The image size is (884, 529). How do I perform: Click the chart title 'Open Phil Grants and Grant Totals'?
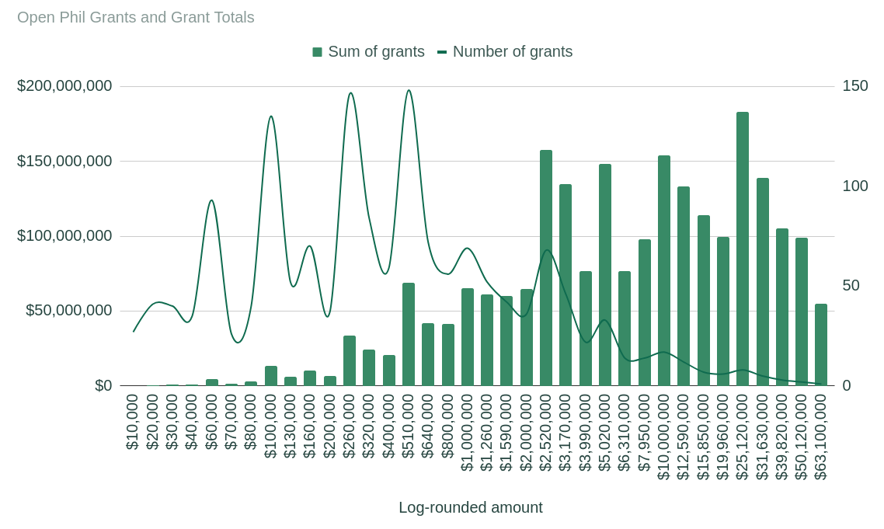point(136,17)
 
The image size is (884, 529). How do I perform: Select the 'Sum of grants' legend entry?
point(368,52)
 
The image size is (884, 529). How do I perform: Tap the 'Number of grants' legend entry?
point(505,52)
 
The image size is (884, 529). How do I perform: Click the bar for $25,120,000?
point(743,249)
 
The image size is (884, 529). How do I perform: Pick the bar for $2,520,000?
point(546,268)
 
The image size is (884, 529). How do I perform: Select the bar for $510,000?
point(409,334)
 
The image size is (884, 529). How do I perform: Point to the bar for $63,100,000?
point(821,345)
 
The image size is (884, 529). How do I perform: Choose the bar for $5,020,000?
point(605,275)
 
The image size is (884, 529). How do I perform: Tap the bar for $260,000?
point(350,360)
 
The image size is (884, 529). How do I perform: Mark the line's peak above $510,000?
point(409,91)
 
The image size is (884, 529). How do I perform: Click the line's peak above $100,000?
point(271,117)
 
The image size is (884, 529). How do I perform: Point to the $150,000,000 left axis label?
point(64,162)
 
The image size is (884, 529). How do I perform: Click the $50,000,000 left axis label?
point(69,311)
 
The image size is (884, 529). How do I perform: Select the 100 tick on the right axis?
point(855,186)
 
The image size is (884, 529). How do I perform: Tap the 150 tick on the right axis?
point(855,86)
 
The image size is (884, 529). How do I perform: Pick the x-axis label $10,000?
point(133,422)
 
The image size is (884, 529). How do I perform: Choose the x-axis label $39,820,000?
point(782,437)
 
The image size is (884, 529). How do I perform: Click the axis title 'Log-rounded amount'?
point(471,508)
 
